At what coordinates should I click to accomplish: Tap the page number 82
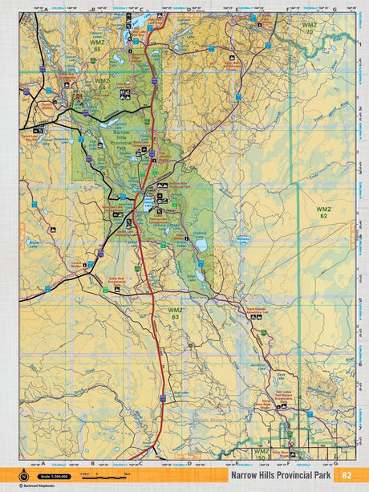[x=346, y=475]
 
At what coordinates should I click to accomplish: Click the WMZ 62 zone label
[x=323, y=212]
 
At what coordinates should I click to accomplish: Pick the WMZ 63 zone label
[x=175, y=312]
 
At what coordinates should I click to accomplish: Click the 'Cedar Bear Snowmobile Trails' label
[x=119, y=283]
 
